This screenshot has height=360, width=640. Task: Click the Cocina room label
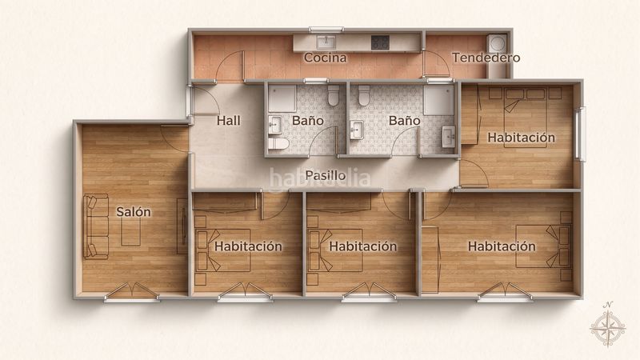coord(326,58)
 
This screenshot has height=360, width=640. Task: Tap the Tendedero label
coord(486,58)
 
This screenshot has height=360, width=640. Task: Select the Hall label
coord(229,121)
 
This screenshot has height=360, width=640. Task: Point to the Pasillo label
coord(326,175)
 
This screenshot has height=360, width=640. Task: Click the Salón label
coord(134,211)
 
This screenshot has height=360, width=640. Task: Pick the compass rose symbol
coord(608,326)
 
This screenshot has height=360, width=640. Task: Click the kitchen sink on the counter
coord(326,42)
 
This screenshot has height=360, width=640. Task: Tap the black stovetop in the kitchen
coord(380,42)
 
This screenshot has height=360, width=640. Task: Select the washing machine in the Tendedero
coord(497,43)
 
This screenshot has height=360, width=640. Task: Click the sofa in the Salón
coord(96,226)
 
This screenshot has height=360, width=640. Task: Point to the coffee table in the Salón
coord(130,232)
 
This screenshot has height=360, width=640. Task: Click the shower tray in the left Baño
coord(282,98)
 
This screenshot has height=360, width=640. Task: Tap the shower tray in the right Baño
coord(438,100)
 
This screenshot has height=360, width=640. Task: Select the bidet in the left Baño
coord(278,144)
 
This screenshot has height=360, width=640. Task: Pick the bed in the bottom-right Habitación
coord(543,246)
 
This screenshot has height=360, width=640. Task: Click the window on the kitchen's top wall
coord(326,30)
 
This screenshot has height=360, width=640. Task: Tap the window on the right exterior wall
coord(581,134)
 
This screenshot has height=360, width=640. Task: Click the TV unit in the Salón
coord(182,226)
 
